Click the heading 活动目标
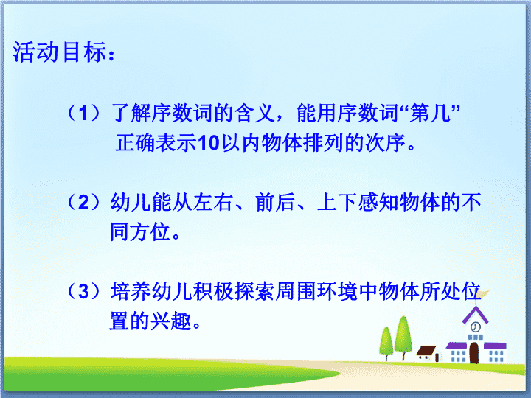pyautogui.click(x=60, y=52)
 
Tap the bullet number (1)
pyautogui.click(x=83, y=113)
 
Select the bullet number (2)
pyautogui.click(x=83, y=203)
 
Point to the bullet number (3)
pyautogui.click(x=83, y=291)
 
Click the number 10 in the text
pyautogui.click(x=209, y=143)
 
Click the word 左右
pyautogui.click(x=213, y=203)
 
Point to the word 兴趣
pyautogui.click(x=171, y=321)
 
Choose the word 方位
pyautogui.click(x=150, y=232)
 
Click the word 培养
pyautogui.click(x=131, y=291)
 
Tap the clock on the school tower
pyautogui.click(x=476, y=327)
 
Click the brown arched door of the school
pyautogui.click(x=473, y=353)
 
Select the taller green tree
pyautogui.click(x=403, y=338)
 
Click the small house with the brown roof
pyautogui.click(x=428, y=353)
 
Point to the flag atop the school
pyautogui.click(x=483, y=293)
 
